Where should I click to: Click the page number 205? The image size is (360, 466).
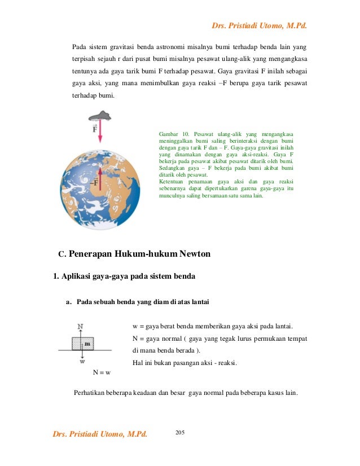tap(181, 432)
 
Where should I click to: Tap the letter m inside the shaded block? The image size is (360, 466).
tap(87, 342)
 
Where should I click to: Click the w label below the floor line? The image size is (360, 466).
tap(82, 361)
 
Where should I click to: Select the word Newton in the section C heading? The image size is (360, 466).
tap(195, 254)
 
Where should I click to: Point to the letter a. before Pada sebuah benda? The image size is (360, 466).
tap(69, 303)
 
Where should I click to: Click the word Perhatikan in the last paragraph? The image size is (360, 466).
tap(90, 393)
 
